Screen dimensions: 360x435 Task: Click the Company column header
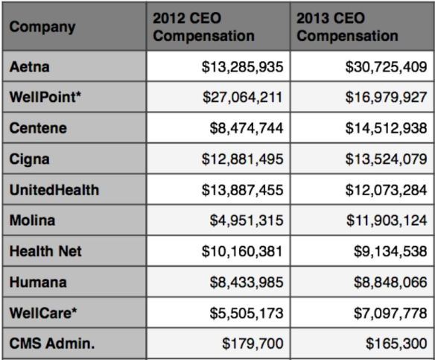click(42, 28)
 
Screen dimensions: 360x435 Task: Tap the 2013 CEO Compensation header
click(347, 27)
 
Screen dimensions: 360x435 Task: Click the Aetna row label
click(29, 67)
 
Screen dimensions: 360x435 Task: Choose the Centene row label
click(38, 128)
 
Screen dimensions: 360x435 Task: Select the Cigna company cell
click(31, 160)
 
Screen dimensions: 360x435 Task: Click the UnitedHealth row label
click(54, 190)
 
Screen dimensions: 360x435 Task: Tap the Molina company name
click(32, 221)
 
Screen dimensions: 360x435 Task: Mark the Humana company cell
click(38, 282)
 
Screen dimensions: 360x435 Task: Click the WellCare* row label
click(42, 314)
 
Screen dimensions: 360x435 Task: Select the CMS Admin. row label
click(48, 344)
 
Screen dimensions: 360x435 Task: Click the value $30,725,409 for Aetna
click(386, 67)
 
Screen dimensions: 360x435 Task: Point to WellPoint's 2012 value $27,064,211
click(242, 98)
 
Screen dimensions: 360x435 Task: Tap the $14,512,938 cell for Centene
click(386, 128)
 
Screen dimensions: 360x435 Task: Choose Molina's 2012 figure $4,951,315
click(246, 221)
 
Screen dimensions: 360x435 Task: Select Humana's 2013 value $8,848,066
click(390, 282)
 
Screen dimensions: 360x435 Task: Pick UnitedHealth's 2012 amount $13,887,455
click(242, 190)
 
